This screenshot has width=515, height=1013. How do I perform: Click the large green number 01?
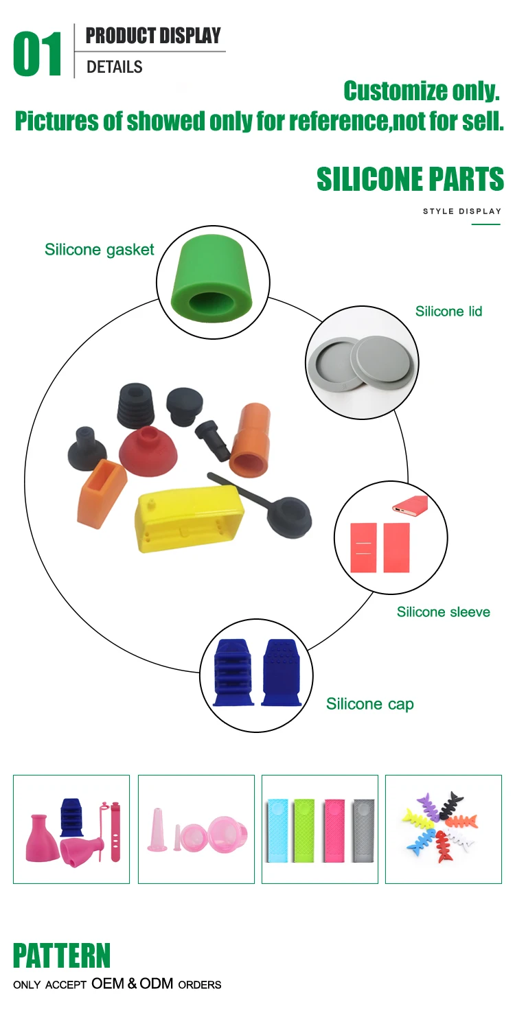pyautogui.click(x=38, y=54)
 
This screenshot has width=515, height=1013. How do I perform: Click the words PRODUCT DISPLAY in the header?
pyautogui.click(x=153, y=36)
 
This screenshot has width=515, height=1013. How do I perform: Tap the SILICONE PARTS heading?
pyautogui.click(x=410, y=179)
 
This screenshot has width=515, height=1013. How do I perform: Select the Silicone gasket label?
pyautogui.click(x=100, y=250)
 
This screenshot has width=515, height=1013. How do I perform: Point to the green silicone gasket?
pyautogui.click(x=212, y=282)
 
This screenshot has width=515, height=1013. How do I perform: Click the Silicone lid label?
pyautogui.click(x=448, y=312)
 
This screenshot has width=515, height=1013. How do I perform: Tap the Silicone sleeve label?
pyautogui.click(x=443, y=612)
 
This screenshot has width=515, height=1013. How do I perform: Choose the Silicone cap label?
pyautogui.click(x=369, y=704)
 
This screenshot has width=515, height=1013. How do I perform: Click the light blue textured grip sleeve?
pyautogui.click(x=277, y=829)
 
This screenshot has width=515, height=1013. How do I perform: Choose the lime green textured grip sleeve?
pyautogui.click(x=305, y=829)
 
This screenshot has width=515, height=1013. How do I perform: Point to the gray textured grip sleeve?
pyautogui.click(x=363, y=829)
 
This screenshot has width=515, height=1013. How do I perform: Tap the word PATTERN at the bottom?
pyautogui.click(x=62, y=956)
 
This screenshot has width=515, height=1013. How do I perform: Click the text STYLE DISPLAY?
pyautogui.click(x=462, y=211)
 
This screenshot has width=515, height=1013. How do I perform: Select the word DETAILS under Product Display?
pyautogui.click(x=115, y=67)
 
